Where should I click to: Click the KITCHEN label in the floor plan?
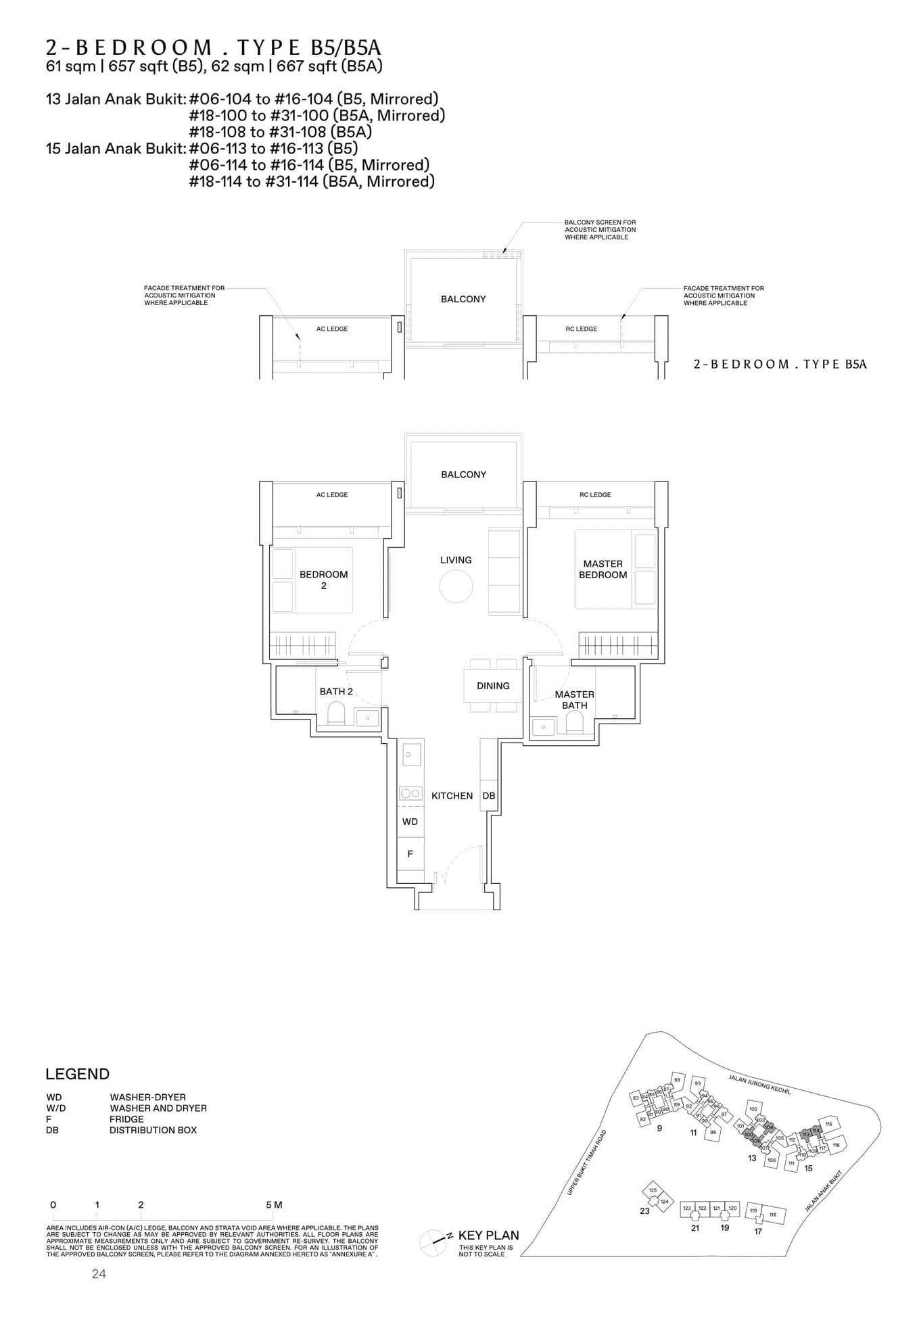point(452,796)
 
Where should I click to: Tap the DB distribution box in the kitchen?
point(488,796)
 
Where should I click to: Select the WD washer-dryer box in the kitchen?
point(410,822)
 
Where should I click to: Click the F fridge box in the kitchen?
point(410,854)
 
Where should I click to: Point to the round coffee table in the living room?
point(456,586)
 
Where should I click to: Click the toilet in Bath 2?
point(335,713)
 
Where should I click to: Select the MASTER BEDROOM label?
point(603,569)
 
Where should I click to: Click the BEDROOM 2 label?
point(323,580)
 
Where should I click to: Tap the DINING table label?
point(493,686)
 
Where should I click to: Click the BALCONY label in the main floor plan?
point(463,475)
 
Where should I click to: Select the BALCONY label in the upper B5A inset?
point(463,299)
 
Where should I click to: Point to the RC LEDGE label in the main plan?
point(594,495)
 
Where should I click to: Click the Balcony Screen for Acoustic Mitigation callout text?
point(600,229)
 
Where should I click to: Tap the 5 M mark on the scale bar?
point(273,1205)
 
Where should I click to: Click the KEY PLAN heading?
point(488,1235)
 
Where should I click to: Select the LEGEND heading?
point(77,1075)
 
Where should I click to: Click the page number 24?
point(99,1274)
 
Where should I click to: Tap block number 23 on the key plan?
point(644,1211)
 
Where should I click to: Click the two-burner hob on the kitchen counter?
point(410,793)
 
